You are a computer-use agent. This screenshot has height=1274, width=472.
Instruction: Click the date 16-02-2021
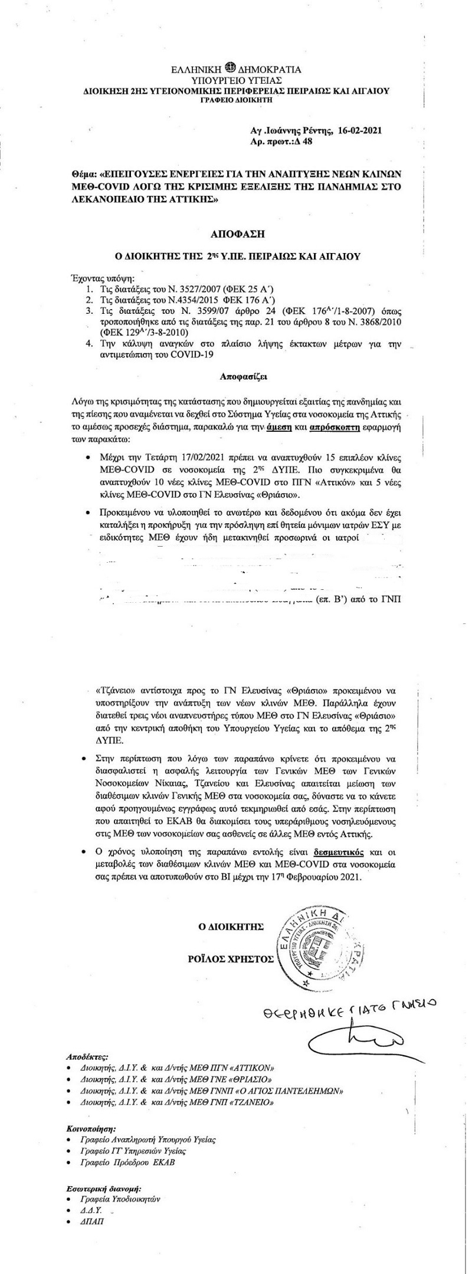pos(360,132)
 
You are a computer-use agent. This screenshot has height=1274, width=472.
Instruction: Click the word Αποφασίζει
pos(237,375)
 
